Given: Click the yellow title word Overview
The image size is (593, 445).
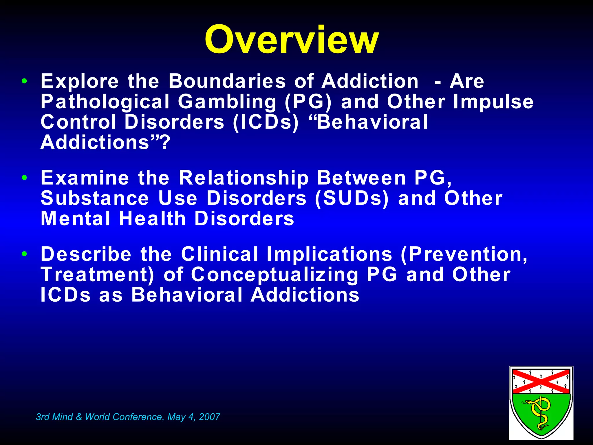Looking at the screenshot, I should pyautogui.click(x=292, y=40).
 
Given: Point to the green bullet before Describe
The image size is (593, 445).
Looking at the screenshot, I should pyautogui.click(x=24, y=254).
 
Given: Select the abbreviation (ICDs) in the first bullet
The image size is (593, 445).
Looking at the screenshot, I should pyautogui.click(x=266, y=122).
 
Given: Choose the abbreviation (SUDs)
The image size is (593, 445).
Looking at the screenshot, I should pyautogui.click(x=352, y=198).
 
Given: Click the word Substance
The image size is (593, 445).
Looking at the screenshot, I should pyautogui.click(x=95, y=198).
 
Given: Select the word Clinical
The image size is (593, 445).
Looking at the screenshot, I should pyautogui.click(x=219, y=254).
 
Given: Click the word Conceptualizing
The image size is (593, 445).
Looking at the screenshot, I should pyautogui.click(x=275, y=275).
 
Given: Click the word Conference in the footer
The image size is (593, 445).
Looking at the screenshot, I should pyautogui.click(x=139, y=417).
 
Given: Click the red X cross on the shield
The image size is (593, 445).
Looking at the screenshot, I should pyautogui.click(x=541, y=381).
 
